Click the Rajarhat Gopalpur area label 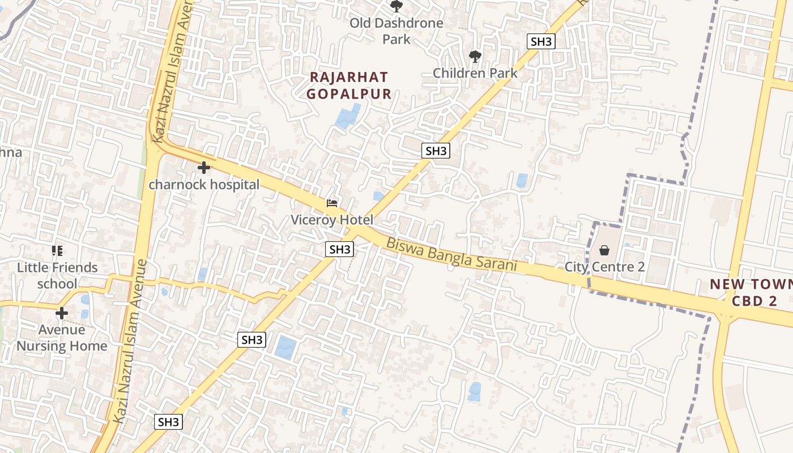[x=349, y=86]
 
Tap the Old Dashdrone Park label [x=396, y=31]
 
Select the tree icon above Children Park [x=475, y=56]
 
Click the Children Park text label [x=475, y=73]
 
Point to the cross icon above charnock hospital [x=204, y=168]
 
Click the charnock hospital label [x=204, y=185]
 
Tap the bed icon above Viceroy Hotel [x=332, y=203]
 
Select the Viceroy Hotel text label [x=332, y=220]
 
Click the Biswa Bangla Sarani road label [x=451, y=254]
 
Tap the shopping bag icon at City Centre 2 [x=604, y=250]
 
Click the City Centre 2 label [x=604, y=267]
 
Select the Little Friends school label [x=57, y=275]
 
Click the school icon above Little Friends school [x=57, y=250]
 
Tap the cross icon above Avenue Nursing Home [x=62, y=313]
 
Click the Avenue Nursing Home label [x=62, y=337]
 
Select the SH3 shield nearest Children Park [x=540, y=41]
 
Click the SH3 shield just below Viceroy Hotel [x=340, y=249]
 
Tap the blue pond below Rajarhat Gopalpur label [x=347, y=116]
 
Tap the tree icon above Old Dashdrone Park [x=396, y=6]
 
